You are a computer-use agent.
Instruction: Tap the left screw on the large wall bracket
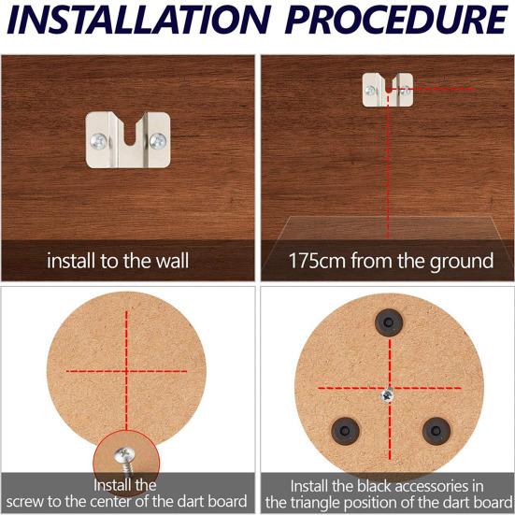pos(99,143)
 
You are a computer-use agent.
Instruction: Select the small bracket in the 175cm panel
pos(387,91)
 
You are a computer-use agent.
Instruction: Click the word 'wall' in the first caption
pos(169,261)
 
